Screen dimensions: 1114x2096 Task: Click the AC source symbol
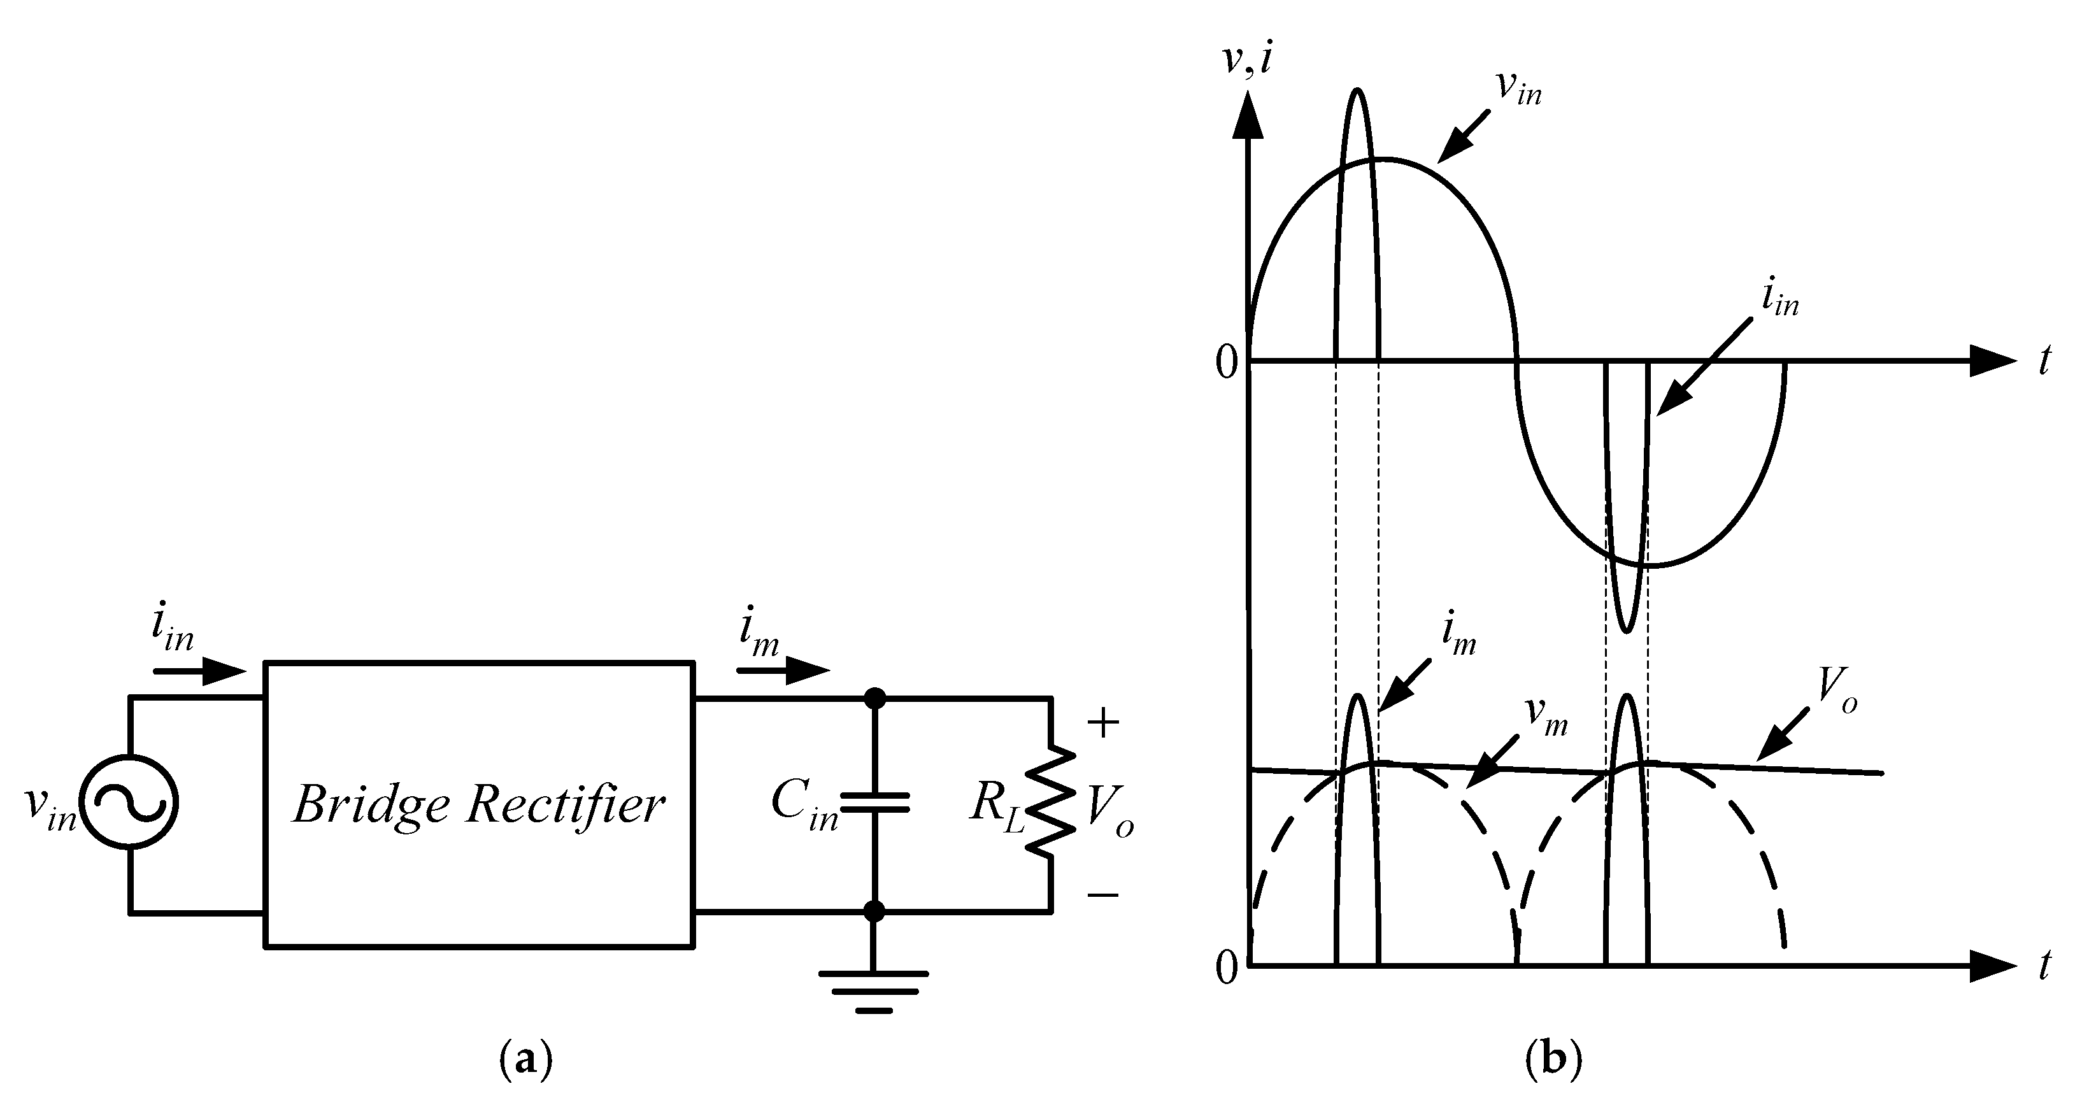130,804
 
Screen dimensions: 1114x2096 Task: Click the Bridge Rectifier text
478,804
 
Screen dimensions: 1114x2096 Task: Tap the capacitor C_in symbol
874,803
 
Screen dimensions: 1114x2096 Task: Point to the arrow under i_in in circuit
199,671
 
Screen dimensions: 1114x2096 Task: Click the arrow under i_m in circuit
783,671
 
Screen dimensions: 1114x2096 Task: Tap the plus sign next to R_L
1102,724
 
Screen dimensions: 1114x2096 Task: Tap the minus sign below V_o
1102,895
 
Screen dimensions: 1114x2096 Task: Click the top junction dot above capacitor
874,698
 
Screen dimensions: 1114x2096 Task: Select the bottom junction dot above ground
874,911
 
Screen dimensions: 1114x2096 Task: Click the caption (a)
525,1060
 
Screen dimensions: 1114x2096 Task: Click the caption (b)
1554,1060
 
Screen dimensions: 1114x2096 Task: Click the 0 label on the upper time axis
1226,363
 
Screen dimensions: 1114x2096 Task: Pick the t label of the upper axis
2044,361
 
